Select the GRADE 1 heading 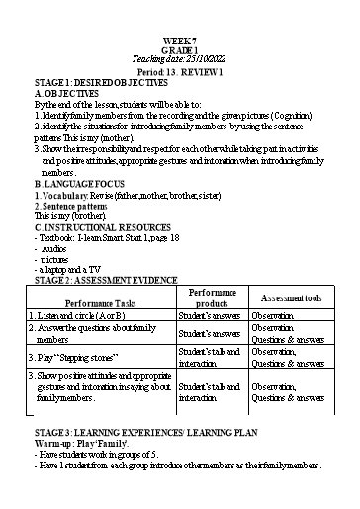179,49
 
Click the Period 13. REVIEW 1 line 179,73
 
